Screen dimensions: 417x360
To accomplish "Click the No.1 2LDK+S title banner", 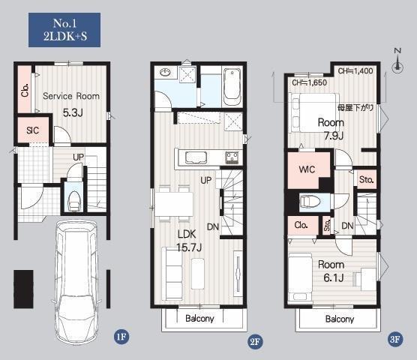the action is [x=64, y=30].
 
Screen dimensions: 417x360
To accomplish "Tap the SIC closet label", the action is [x=33, y=130].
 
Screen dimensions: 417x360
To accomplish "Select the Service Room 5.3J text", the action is [x=71, y=104].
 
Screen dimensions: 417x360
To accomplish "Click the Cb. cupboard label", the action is [x=25, y=91].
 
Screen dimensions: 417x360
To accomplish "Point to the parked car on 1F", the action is [x=76, y=282].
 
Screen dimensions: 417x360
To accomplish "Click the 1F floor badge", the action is [x=121, y=337].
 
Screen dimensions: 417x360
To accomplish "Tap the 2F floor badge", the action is [x=255, y=341].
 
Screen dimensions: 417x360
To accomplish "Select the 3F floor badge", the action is [x=395, y=339].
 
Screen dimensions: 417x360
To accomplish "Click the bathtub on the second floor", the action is [x=232, y=87].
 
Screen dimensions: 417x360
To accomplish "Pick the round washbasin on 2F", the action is [x=166, y=72].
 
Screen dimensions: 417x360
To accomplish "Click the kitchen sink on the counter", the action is [x=196, y=157].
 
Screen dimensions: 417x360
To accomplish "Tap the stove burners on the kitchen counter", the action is [x=232, y=157].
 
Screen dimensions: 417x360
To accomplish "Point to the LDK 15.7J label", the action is [x=188, y=241].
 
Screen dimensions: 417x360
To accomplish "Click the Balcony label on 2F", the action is [x=199, y=318].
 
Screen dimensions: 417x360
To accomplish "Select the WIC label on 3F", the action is [x=307, y=169].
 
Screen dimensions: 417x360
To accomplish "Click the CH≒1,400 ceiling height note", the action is [x=355, y=71].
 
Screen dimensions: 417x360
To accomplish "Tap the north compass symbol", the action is [x=397, y=61].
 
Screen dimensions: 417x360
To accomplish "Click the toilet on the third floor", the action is [x=310, y=202].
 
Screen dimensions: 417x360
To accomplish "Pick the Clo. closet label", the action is [x=301, y=225].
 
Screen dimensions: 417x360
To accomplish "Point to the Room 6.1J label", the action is [x=331, y=271].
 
